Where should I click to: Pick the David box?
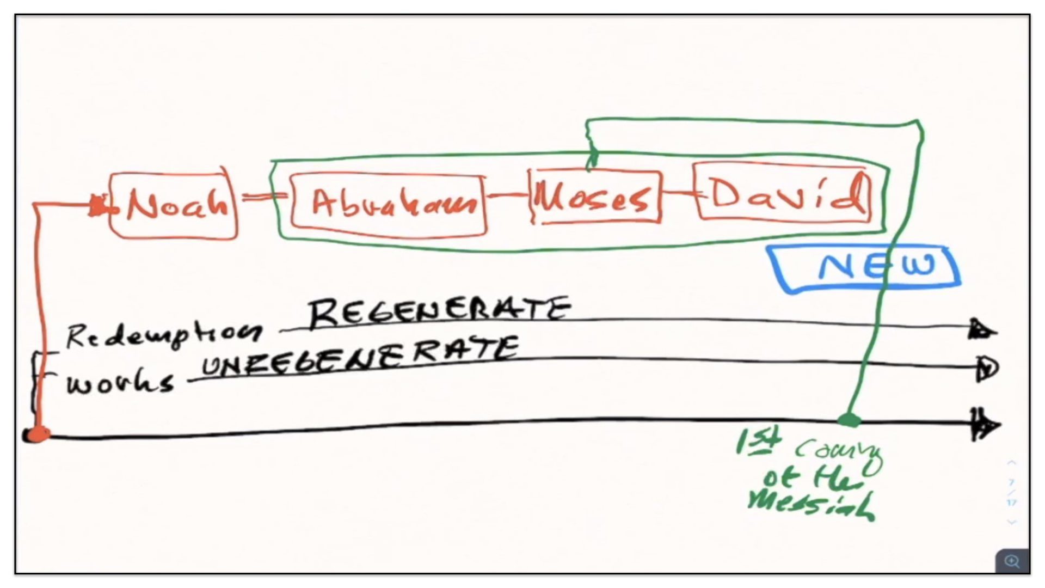(x=784, y=193)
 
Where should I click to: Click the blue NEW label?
(x=865, y=267)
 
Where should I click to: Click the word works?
(x=120, y=383)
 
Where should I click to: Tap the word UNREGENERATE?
(x=359, y=357)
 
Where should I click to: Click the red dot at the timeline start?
(x=37, y=434)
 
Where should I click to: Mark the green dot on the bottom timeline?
(x=849, y=420)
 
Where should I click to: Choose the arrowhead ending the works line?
(x=986, y=369)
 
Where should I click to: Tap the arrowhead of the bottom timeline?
(x=985, y=425)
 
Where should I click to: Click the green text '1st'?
(x=758, y=442)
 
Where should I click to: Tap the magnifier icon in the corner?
(x=1012, y=561)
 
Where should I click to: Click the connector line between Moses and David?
(x=678, y=193)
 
